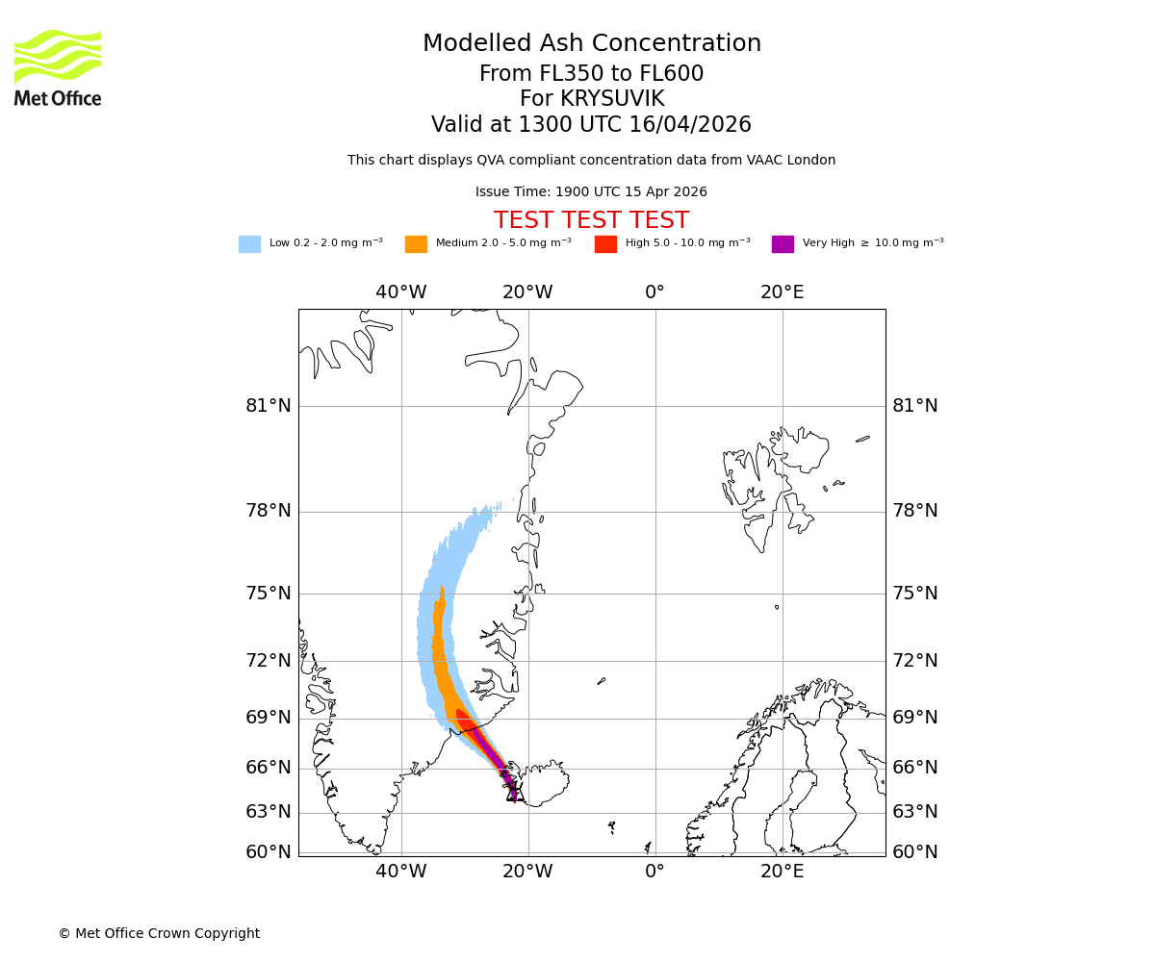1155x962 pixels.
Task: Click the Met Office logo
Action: point(58,67)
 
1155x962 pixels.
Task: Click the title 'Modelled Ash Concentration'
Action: point(592,44)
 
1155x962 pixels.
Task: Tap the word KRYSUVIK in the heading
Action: point(616,99)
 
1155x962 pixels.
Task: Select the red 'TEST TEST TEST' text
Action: point(591,221)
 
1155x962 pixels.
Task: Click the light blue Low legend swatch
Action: point(249,244)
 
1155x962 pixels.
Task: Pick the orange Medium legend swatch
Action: point(416,244)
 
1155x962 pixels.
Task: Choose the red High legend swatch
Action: point(605,244)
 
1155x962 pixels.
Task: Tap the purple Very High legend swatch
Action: point(783,244)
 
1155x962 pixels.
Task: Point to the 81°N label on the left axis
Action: point(269,406)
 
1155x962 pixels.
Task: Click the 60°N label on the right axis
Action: point(915,852)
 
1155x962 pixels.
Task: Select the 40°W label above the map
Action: point(401,292)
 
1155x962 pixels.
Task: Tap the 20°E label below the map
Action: point(783,873)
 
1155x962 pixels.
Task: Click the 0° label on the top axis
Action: point(655,292)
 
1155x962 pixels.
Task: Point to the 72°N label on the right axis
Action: point(915,661)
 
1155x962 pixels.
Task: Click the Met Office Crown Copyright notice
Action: point(159,934)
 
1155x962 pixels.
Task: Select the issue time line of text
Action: point(591,192)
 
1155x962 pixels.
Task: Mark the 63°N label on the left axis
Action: point(269,812)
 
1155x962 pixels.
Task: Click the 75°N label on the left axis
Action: point(269,594)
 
